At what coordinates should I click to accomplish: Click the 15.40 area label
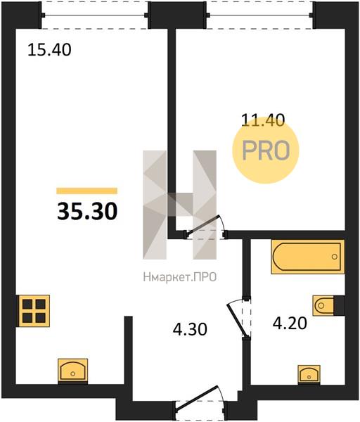tap(49, 50)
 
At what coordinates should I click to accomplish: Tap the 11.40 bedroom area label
tap(263, 120)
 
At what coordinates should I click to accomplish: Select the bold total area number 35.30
tap(87, 211)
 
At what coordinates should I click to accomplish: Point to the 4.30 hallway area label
tap(190, 329)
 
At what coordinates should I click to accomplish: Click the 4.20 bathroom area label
tap(290, 324)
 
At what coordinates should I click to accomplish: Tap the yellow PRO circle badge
tap(266, 151)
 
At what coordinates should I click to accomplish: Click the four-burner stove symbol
tap(34, 311)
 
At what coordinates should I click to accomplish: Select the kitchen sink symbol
tap(73, 371)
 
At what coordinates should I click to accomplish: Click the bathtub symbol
tap(308, 257)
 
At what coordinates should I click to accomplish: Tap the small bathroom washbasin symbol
tap(309, 373)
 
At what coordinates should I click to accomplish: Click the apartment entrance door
tap(200, 403)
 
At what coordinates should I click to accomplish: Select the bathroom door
tap(239, 318)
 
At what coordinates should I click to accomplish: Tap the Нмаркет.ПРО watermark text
tap(180, 277)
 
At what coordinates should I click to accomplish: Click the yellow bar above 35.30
tap(87, 191)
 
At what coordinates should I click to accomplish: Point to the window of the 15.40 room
tap(94, 15)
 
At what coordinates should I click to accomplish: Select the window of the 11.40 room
tap(260, 15)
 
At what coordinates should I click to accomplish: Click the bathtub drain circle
tap(335, 257)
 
